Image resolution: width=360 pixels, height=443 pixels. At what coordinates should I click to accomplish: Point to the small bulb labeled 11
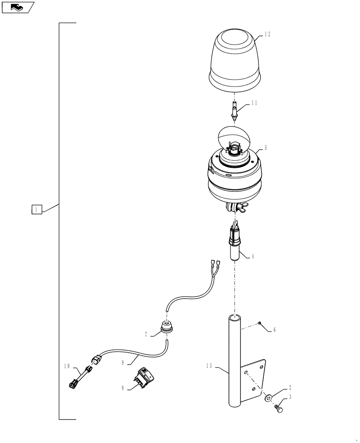234,110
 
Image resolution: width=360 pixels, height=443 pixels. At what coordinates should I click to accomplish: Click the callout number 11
254,103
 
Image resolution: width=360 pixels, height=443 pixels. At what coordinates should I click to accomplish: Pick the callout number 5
266,148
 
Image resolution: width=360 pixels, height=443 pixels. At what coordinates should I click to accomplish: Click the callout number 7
147,335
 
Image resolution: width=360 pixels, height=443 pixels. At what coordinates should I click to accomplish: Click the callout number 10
67,365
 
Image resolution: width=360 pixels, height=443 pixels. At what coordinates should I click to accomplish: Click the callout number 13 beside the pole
210,366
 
